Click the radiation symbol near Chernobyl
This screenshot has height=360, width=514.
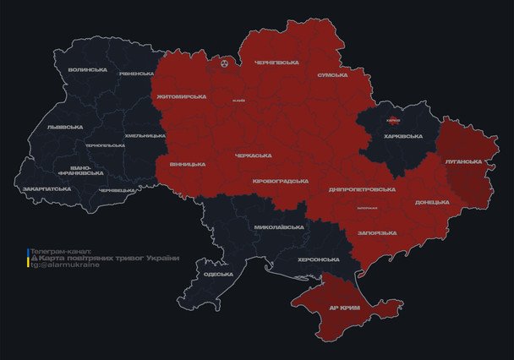pos(224,63)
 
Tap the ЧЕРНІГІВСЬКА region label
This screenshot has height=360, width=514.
pos(276,62)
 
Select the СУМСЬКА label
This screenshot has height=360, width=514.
pos(332,75)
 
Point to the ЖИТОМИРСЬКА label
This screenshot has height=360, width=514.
pos(182,96)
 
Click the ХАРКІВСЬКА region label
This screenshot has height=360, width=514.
pos(402,136)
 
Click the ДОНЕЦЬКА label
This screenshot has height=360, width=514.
pos(432,203)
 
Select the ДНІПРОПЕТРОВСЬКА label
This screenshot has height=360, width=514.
pos(360,189)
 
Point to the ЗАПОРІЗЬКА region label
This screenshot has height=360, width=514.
pos(377,232)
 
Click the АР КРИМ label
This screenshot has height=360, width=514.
pos(344,308)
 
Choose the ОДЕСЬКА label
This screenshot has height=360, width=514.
pos(218,275)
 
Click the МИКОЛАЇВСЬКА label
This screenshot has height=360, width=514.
pos(279,227)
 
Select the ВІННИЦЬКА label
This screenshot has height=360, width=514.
pos(187,163)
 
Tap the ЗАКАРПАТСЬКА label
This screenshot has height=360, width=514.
pos(46,188)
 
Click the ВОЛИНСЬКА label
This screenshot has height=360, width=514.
pos(87,69)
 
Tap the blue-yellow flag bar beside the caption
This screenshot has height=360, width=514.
pos(27,258)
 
